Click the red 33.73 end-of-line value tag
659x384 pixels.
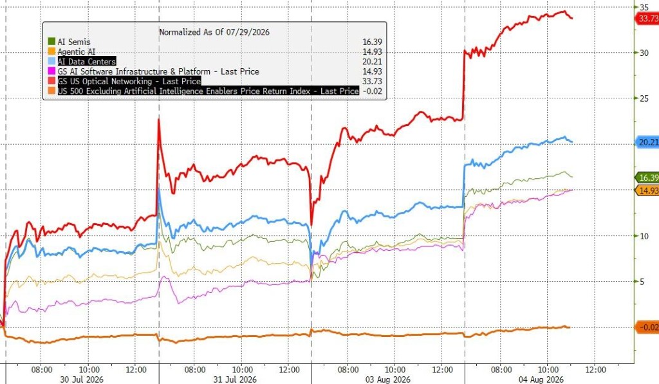pyautogui.click(x=647, y=19)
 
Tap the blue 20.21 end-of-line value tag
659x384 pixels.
pyautogui.click(x=647, y=142)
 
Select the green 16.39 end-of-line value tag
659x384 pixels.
pyautogui.click(x=647, y=178)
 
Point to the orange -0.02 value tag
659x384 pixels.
pyautogui.click(x=647, y=327)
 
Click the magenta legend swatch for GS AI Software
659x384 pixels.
pyautogui.click(x=51, y=71)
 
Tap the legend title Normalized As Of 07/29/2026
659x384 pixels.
pyautogui.click(x=214, y=32)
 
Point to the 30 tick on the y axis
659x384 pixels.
pyautogui.click(x=644, y=53)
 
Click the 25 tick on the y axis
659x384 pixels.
pyautogui.click(x=644, y=98)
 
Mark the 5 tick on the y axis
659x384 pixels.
pyautogui.click(x=642, y=282)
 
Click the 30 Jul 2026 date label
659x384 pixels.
pyautogui.click(x=82, y=379)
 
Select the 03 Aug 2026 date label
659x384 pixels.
pyautogui.click(x=388, y=379)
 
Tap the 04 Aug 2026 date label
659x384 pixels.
pyautogui.click(x=541, y=379)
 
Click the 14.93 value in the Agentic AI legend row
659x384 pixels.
pyautogui.click(x=373, y=51)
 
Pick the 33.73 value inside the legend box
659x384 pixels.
pyautogui.click(x=373, y=81)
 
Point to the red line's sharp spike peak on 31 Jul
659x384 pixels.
pyautogui.click(x=159, y=120)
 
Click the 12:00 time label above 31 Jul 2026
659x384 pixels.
pyautogui.click(x=289, y=370)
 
